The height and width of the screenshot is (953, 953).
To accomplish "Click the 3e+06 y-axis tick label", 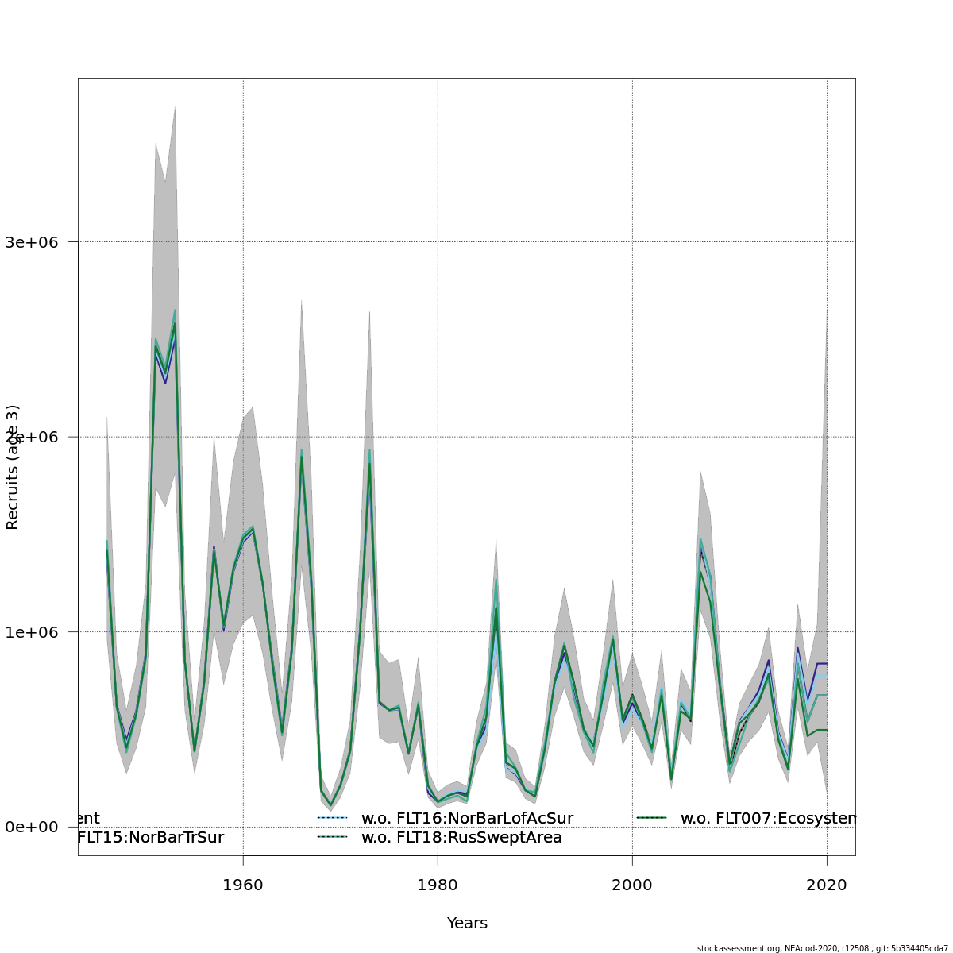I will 37,242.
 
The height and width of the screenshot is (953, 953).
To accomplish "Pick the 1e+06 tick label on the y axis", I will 37,632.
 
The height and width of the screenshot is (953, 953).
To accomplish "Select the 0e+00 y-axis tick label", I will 37,827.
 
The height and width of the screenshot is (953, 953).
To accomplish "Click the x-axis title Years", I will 467,923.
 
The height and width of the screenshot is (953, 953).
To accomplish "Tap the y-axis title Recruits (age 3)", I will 13,467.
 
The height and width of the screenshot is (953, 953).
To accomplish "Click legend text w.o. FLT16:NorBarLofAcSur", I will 467,818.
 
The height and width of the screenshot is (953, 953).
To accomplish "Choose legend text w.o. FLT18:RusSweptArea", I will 461,837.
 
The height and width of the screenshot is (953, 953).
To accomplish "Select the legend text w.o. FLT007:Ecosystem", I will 768,818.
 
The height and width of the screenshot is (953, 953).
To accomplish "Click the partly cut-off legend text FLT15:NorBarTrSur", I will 151,837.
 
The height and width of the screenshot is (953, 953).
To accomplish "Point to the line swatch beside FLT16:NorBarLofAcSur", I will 333,818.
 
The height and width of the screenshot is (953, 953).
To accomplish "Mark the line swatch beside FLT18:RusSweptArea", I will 333,837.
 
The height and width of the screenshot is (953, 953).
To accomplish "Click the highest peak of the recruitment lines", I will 175,312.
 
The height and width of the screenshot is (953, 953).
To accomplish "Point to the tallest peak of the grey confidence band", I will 175,106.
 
